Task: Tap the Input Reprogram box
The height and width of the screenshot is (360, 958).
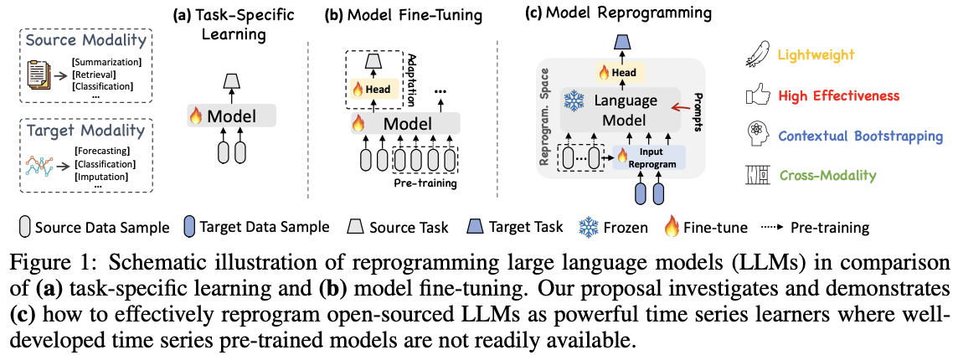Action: pyautogui.click(x=649, y=157)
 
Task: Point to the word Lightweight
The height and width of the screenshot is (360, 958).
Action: pyautogui.click(x=816, y=55)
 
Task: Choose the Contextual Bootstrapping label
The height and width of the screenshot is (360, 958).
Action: pyautogui.click(x=861, y=136)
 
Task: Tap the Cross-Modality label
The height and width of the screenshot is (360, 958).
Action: pyautogui.click(x=827, y=175)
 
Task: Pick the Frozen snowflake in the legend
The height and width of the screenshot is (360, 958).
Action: pyautogui.click(x=590, y=227)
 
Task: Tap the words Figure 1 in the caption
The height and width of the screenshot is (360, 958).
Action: pyautogui.click(x=45, y=261)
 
